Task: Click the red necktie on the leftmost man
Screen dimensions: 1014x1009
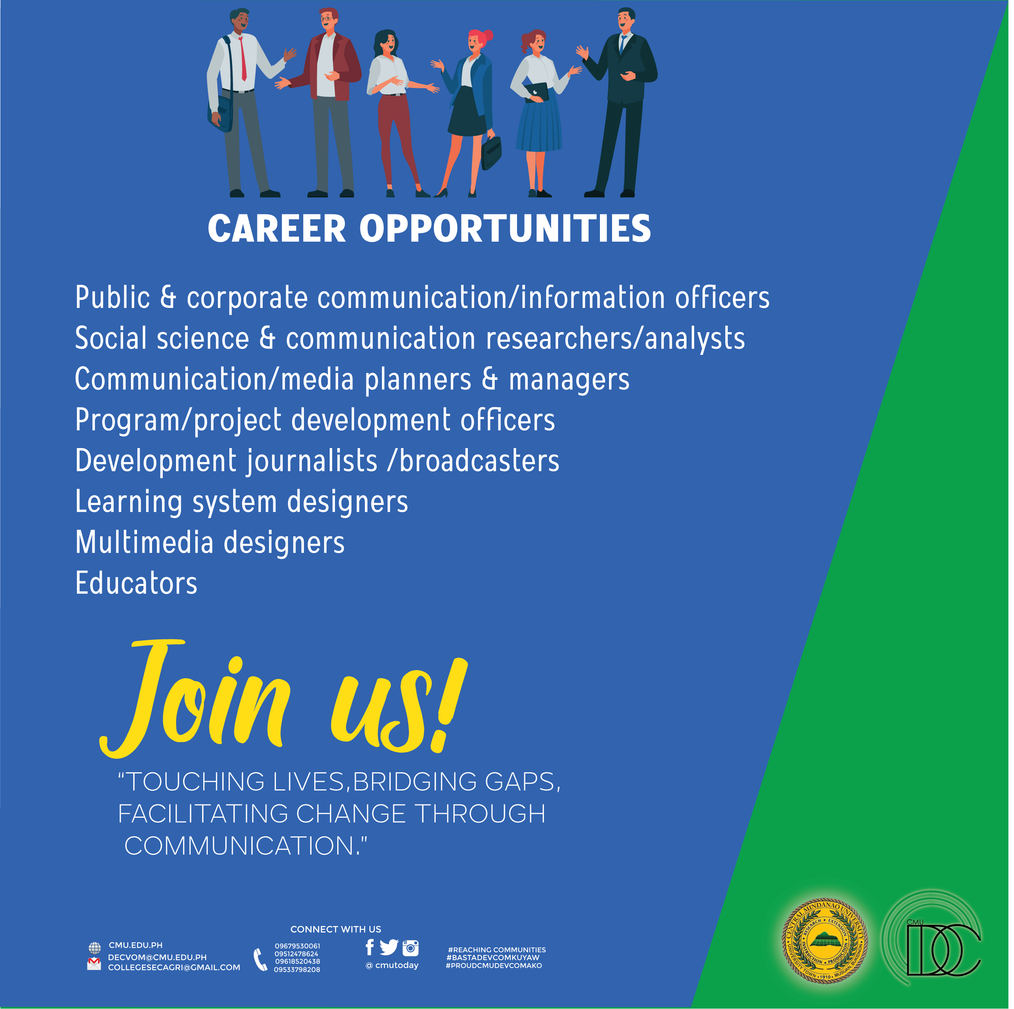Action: [x=243, y=58]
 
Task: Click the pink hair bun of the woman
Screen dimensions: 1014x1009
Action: [x=488, y=35]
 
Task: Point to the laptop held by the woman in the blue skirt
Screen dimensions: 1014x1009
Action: [x=536, y=92]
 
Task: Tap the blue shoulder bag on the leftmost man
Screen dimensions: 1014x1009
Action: [x=221, y=113]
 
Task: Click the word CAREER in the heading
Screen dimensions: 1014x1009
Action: [x=277, y=229]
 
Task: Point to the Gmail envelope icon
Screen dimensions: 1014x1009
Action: [x=94, y=964]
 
